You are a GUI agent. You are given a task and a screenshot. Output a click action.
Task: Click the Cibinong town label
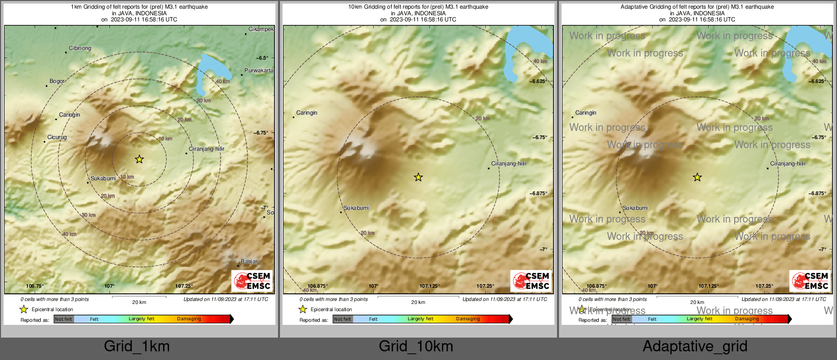pyautogui.click(x=80, y=48)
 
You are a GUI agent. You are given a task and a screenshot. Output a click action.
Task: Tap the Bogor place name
pyautogui.click(x=57, y=81)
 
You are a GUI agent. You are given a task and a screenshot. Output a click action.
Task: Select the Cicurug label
pyautogui.click(x=57, y=137)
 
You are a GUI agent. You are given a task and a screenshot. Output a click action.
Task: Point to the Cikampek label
pyautogui.click(x=261, y=30)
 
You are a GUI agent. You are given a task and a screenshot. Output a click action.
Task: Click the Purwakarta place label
pyautogui.click(x=259, y=70)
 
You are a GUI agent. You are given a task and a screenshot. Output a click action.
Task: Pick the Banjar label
pyautogui.click(x=249, y=261)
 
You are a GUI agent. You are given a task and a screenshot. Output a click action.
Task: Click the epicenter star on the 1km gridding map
pyautogui.click(x=139, y=159)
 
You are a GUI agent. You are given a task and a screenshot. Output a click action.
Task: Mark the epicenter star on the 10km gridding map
pyautogui.click(x=418, y=177)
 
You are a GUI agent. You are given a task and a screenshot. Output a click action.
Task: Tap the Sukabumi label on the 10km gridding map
pyautogui.click(x=356, y=208)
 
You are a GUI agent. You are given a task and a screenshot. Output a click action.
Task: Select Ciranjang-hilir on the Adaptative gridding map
pyautogui.click(x=788, y=163)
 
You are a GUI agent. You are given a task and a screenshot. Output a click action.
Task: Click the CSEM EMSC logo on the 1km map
pyautogui.click(x=252, y=281)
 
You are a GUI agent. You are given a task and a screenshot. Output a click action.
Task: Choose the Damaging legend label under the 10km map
pyautogui.click(x=467, y=319)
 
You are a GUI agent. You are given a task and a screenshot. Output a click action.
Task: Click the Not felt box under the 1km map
pyautogui.click(x=64, y=319)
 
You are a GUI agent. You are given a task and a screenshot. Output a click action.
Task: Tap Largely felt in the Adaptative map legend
pyautogui.click(x=699, y=319)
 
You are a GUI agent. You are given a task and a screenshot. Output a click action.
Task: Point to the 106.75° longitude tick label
pyautogui.click(x=35, y=286)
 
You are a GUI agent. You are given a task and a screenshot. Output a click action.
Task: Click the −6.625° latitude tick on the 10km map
pyautogui.click(x=538, y=81)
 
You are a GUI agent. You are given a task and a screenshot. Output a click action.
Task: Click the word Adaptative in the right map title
pyautogui.click(x=635, y=7)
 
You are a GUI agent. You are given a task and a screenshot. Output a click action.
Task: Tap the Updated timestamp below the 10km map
pyautogui.click(x=505, y=299)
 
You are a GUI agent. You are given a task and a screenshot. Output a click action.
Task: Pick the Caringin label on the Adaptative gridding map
pyautogui.click(x=585, y=113)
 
